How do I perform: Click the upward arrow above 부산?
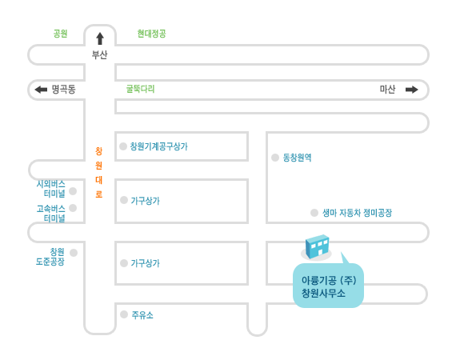(x=100, y=38)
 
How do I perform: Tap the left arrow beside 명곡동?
(x=41, y=90)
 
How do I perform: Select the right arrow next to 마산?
(x=412, y=90)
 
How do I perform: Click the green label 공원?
(x=60, y=34)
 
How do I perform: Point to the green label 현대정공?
(x=151, y=34)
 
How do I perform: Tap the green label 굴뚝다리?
(x=141, y=89)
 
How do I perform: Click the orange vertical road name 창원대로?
(x=99, y=173)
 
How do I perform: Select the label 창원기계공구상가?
(x=159, y=146)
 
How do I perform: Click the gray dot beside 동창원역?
(x=275, y=158)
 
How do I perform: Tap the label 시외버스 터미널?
(x=51, y=189)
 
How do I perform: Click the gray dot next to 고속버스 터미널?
(x=73, y=208)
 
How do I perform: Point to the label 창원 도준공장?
(x=50, y=257)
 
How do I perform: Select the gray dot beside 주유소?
(x=124, y=314)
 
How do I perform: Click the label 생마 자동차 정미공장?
(x=357, y=213)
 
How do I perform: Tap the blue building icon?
(x=317, y=246)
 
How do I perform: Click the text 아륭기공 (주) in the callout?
(x=329, y=280)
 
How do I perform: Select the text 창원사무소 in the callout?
(x=323, y=294)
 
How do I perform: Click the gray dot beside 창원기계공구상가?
(x=123, y=146)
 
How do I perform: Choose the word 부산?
(x=100, y=54)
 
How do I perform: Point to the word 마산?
(x=388, y=89)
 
